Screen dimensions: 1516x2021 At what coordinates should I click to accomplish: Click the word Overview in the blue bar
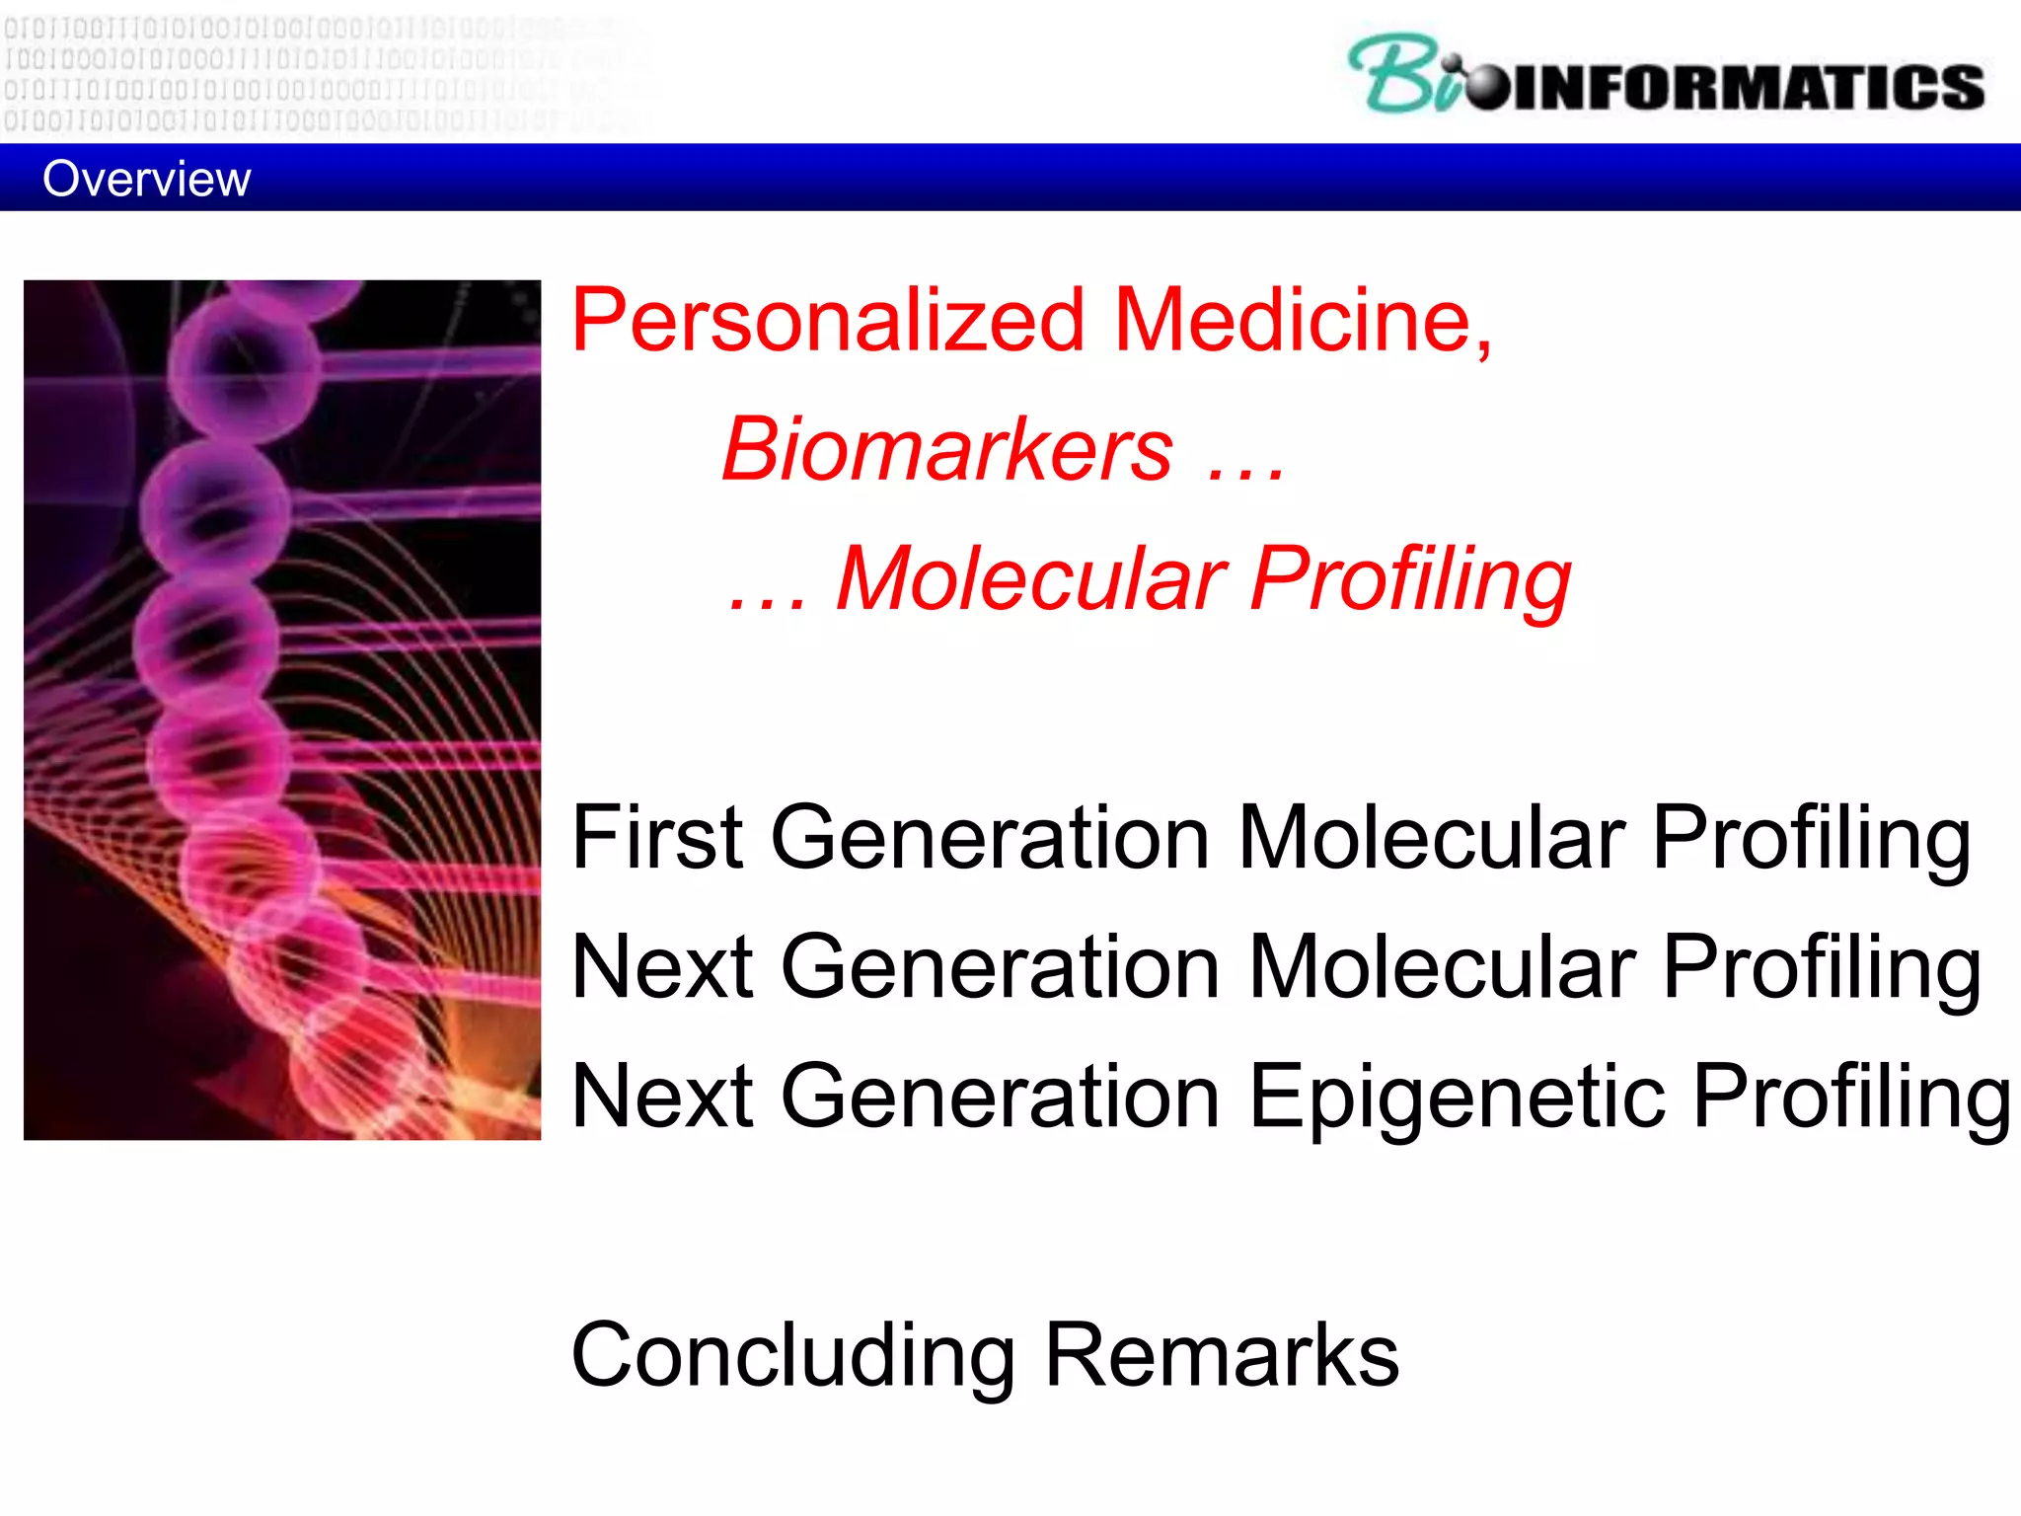[146, 179]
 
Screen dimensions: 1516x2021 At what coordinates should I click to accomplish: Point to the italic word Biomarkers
[947, 450]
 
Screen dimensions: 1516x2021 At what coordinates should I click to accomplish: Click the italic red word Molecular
[1030, 579]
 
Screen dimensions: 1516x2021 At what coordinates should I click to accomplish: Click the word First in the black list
[656, 838]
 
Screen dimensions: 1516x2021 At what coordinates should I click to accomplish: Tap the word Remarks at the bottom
[1221, 1355]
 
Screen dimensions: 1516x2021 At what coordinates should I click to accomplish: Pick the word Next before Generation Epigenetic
[662, 1097]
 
